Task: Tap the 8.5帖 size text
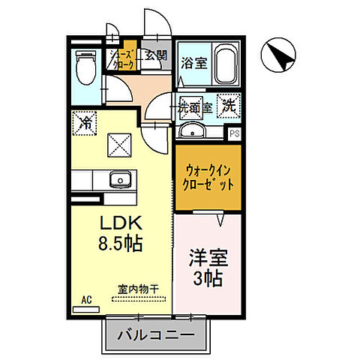117,244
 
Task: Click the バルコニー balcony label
156,333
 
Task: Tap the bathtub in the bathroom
226,64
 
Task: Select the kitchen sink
119,181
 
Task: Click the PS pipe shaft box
235,135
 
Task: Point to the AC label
85,299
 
